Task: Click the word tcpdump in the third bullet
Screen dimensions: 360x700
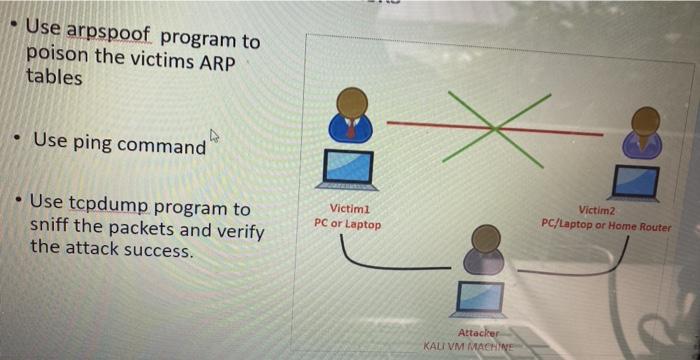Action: point(109,208)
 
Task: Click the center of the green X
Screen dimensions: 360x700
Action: point(495,126)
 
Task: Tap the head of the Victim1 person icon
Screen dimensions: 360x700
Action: point(351,103)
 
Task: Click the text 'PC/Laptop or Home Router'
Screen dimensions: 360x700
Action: point(606,226)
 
